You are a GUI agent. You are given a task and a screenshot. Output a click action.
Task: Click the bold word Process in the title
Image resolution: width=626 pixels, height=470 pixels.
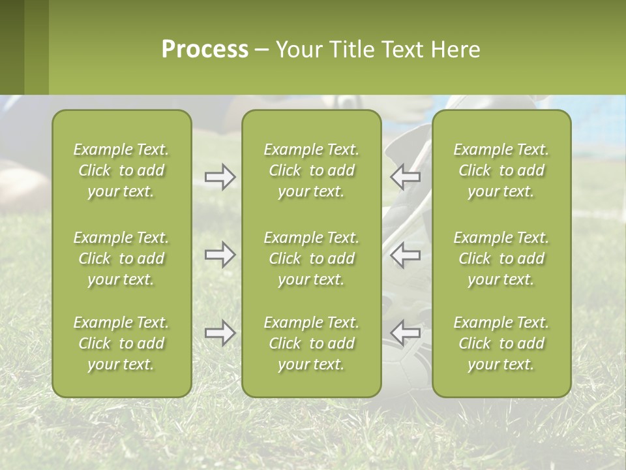205,50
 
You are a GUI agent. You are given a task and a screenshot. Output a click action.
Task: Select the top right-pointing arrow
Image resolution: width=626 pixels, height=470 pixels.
220,176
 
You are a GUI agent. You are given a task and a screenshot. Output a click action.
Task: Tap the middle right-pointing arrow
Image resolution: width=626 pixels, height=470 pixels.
220,255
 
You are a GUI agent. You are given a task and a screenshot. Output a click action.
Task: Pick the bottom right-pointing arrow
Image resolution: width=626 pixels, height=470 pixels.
220,333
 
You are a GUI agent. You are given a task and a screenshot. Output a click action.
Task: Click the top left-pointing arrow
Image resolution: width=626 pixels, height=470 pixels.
405,176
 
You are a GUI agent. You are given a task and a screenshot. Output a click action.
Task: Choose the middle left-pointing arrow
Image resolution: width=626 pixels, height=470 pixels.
405,255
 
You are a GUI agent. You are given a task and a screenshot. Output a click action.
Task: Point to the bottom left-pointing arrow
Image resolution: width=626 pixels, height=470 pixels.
405,333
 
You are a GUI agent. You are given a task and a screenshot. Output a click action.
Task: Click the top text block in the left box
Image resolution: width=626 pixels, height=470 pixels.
121,170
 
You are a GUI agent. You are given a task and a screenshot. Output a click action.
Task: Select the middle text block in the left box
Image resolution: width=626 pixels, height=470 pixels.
121,258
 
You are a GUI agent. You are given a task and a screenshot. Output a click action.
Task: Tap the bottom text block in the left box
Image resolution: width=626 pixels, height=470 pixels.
121,343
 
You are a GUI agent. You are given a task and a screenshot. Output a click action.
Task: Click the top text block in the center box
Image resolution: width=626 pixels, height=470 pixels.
312,170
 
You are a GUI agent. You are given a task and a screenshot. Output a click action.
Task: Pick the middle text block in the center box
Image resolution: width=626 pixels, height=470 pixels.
312,258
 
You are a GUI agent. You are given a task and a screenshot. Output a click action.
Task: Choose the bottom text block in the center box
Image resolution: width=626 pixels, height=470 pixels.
312,343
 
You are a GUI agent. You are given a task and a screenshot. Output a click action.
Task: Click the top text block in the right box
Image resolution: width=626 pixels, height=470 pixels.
501,170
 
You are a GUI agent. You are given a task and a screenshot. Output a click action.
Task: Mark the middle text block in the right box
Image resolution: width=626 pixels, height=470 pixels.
501,258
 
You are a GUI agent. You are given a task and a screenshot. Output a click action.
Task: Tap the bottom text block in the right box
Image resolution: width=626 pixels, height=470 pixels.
501,343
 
